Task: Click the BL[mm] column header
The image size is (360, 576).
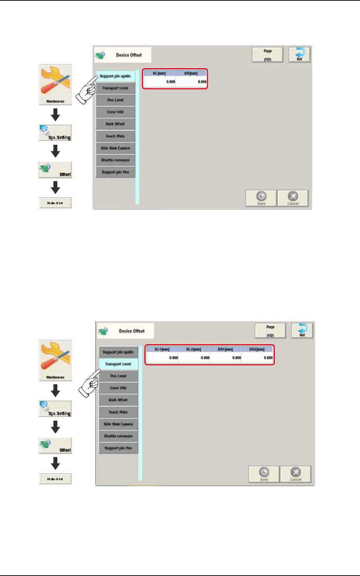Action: pos(159,73)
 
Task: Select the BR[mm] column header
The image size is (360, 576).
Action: pos(191,73)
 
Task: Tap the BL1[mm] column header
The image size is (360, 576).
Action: pos(162,349)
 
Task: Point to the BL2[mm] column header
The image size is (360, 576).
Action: pos(194,349)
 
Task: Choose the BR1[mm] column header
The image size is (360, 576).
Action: pos(225,349)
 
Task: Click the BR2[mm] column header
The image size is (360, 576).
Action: pos(257,349)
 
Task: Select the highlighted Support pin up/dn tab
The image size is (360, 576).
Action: pos(115,76)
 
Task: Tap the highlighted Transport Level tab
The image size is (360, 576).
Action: pos(118,364)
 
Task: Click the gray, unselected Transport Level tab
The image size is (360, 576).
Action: pos(115,88)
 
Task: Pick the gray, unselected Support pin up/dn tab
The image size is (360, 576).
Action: pos(118,352)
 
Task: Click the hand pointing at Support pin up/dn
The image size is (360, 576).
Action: pos(87,90)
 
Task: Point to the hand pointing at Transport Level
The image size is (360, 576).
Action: pos(90,383)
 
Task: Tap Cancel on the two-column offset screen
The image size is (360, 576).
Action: pos(293,198)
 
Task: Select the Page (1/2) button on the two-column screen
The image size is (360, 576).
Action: pos(267,55)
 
